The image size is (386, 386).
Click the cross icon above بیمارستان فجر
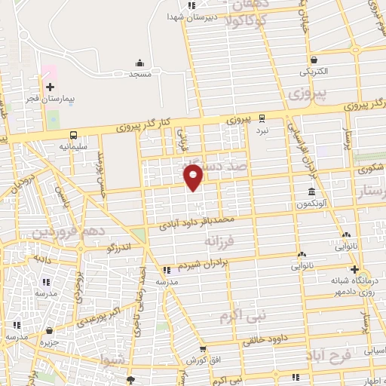pos(50,87)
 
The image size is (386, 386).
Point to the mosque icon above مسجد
pos(139,63)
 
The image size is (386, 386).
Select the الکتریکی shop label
pos(314,72)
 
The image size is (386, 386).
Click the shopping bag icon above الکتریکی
pos(313,60)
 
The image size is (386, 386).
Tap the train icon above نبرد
pos(262,118)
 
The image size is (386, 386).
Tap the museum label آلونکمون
pos(311,203)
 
